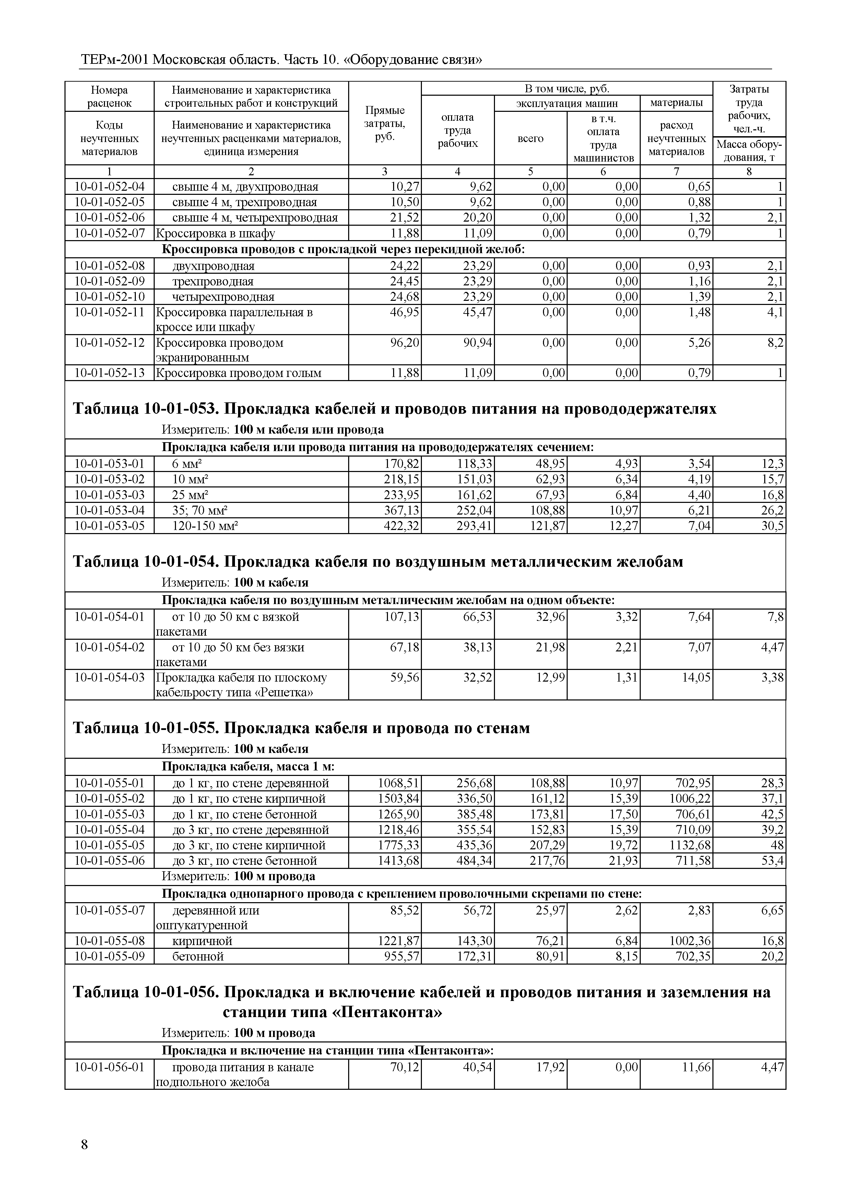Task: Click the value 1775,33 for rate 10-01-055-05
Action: pyautogui.click(x=399, y=846)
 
